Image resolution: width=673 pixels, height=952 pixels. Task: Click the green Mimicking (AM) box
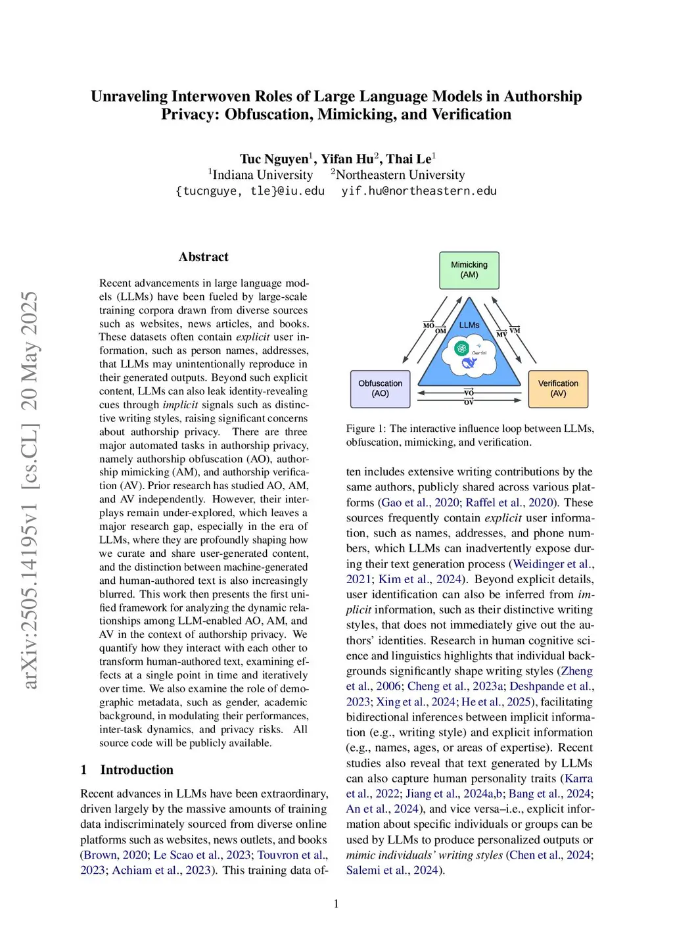click(469, 270)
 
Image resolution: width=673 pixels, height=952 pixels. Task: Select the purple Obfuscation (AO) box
click(381, 389)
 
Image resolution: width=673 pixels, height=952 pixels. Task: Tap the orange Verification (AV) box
click(558, 389)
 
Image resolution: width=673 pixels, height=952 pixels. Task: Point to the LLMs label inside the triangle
click(469, 325)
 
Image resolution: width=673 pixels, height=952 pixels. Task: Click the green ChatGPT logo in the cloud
click(462, 348)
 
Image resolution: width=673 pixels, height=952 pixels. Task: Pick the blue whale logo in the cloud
click(469, 363)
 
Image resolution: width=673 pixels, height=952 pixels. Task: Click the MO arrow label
click(429, 325)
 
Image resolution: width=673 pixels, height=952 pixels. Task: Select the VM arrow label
click(515, 329)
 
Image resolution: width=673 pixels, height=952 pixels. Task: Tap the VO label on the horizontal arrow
click(469, 393)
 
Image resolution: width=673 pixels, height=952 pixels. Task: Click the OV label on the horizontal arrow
click(469, 402)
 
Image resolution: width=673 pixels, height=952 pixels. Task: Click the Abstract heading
click(204, 257)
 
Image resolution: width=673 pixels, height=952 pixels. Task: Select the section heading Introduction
click(137, 770)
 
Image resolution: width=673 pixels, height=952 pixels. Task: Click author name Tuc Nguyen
click(274, 159)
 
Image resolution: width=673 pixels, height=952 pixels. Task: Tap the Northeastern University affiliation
click(400, 175)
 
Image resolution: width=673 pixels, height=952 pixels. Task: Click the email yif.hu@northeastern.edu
click(419, 191)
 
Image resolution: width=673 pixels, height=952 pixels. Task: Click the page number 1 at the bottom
click(336, 904)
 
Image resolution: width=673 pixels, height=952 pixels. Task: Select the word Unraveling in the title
click(129, 97)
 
